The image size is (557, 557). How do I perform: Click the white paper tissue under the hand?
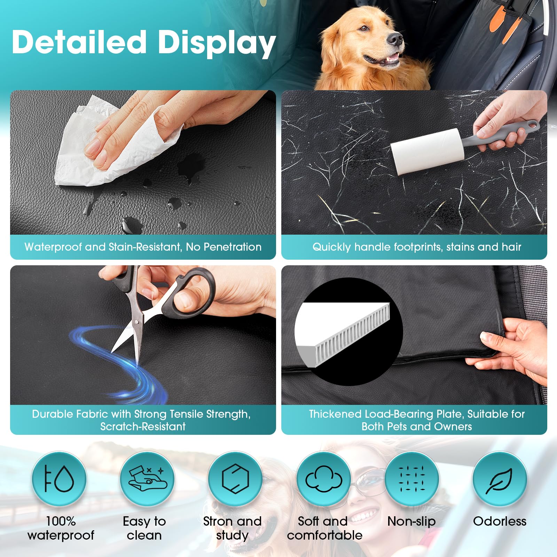tap(87, 153)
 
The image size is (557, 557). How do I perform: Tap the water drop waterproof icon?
tap(59, 479)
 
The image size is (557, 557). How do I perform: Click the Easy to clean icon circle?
tap(147, 479)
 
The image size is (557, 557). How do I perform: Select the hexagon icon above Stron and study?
tap(235, 479)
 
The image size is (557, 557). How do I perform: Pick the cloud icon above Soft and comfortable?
tap(324, 479)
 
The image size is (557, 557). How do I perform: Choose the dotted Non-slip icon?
tap(412, 479)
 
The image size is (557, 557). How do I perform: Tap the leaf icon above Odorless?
tap(500, 479)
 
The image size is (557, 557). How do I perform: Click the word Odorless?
tap(500, 521)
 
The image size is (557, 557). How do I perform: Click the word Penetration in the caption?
tap(233, 247)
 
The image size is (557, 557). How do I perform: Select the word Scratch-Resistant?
tap(143, 426)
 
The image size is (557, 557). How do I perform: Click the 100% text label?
tap(61, 521)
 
